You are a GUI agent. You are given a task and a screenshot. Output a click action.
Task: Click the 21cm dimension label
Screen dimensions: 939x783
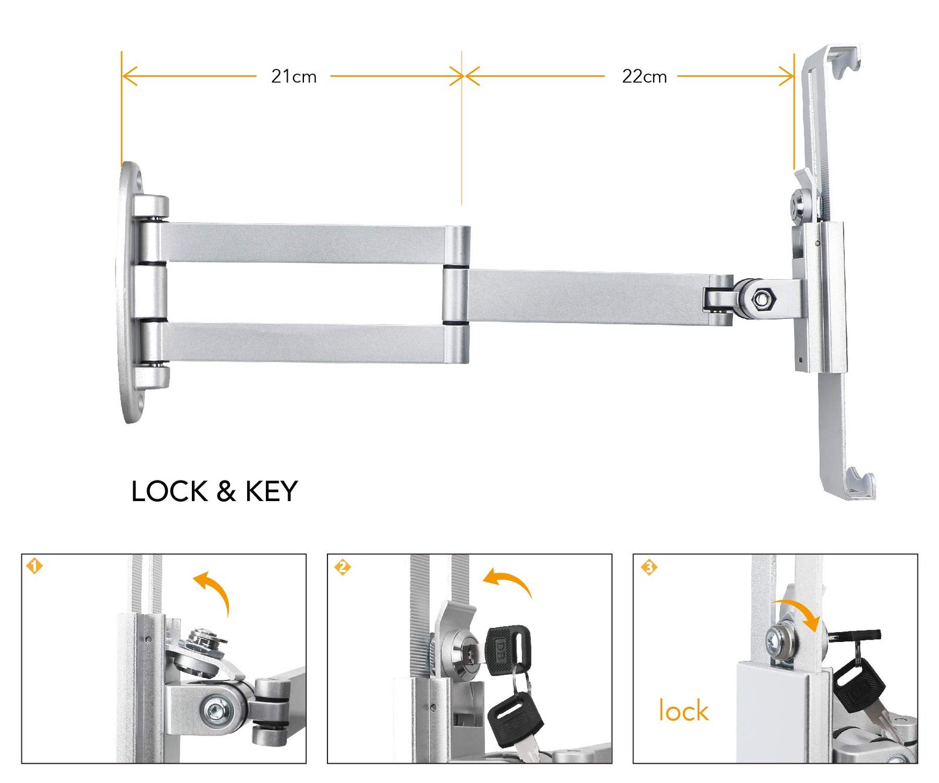point(293,76)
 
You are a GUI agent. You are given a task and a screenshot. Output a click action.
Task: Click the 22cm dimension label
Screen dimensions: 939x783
point(644,76)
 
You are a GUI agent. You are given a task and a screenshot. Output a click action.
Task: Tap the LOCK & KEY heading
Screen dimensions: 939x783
point(214,491)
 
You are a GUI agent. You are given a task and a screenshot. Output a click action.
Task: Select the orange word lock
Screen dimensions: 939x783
point(684,710)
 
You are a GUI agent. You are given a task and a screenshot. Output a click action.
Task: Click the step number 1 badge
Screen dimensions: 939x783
point(35,566)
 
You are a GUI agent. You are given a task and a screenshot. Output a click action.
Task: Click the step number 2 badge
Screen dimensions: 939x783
point(342,567)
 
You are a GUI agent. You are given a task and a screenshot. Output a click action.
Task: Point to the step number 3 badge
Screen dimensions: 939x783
point(648,567)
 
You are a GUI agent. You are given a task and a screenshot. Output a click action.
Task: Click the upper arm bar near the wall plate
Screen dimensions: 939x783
point(305,243)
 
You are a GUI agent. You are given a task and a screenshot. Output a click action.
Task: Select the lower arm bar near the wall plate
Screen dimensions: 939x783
point(305,342)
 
